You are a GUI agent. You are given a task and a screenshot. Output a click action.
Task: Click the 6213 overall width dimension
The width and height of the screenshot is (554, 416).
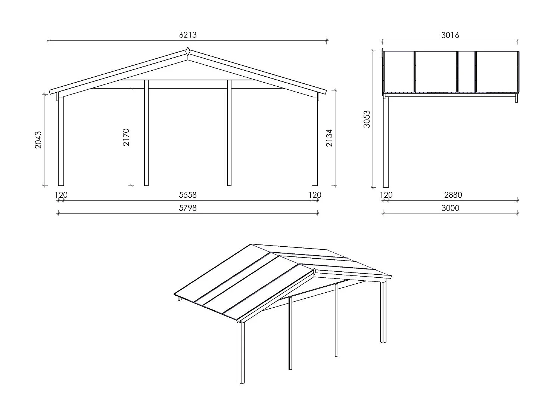(188, 35)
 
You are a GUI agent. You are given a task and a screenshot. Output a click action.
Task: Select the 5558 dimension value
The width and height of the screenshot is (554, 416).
(187, 195)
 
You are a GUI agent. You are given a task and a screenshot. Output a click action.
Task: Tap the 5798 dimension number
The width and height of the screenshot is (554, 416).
(187, 208)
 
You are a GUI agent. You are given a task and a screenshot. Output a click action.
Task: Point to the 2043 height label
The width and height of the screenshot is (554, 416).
(38, 140)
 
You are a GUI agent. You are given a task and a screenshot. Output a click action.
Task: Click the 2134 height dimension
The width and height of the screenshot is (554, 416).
(329, 138)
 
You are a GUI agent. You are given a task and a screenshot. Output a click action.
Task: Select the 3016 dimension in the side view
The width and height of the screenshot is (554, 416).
(450, 35)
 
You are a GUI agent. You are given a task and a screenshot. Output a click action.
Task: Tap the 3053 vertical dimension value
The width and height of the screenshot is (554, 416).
(367, 119)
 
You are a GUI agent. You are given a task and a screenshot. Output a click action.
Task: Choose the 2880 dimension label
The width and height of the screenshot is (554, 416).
(453, 195)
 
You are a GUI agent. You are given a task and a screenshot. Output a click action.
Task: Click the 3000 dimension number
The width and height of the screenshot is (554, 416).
(450, 208)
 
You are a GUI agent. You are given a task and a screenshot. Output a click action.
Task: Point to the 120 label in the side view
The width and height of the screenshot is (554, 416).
(386, 195)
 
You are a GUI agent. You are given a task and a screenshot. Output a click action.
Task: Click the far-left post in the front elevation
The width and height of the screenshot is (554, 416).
(61, 142)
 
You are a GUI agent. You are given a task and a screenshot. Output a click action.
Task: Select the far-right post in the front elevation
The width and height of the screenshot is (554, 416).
(315, 142)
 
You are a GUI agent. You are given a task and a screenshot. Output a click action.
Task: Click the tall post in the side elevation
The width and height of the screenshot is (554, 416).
(386, 142)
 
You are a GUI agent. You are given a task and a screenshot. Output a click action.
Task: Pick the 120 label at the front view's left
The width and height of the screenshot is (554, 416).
(61, 195)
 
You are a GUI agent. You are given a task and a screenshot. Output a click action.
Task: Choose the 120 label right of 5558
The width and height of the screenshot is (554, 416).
(315, 195)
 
